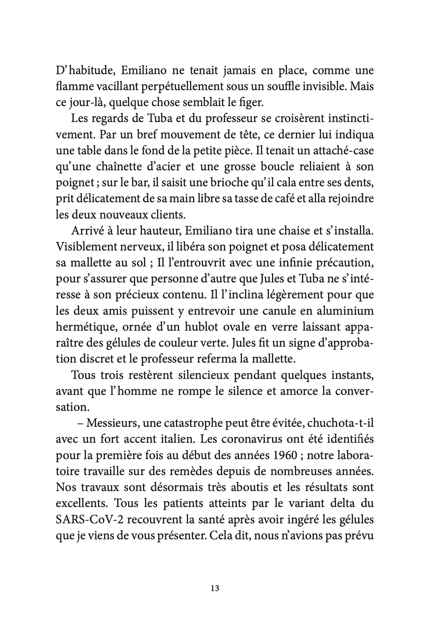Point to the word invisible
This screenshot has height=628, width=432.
314,87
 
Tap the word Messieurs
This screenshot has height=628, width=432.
108,424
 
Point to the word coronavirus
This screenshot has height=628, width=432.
255,440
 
